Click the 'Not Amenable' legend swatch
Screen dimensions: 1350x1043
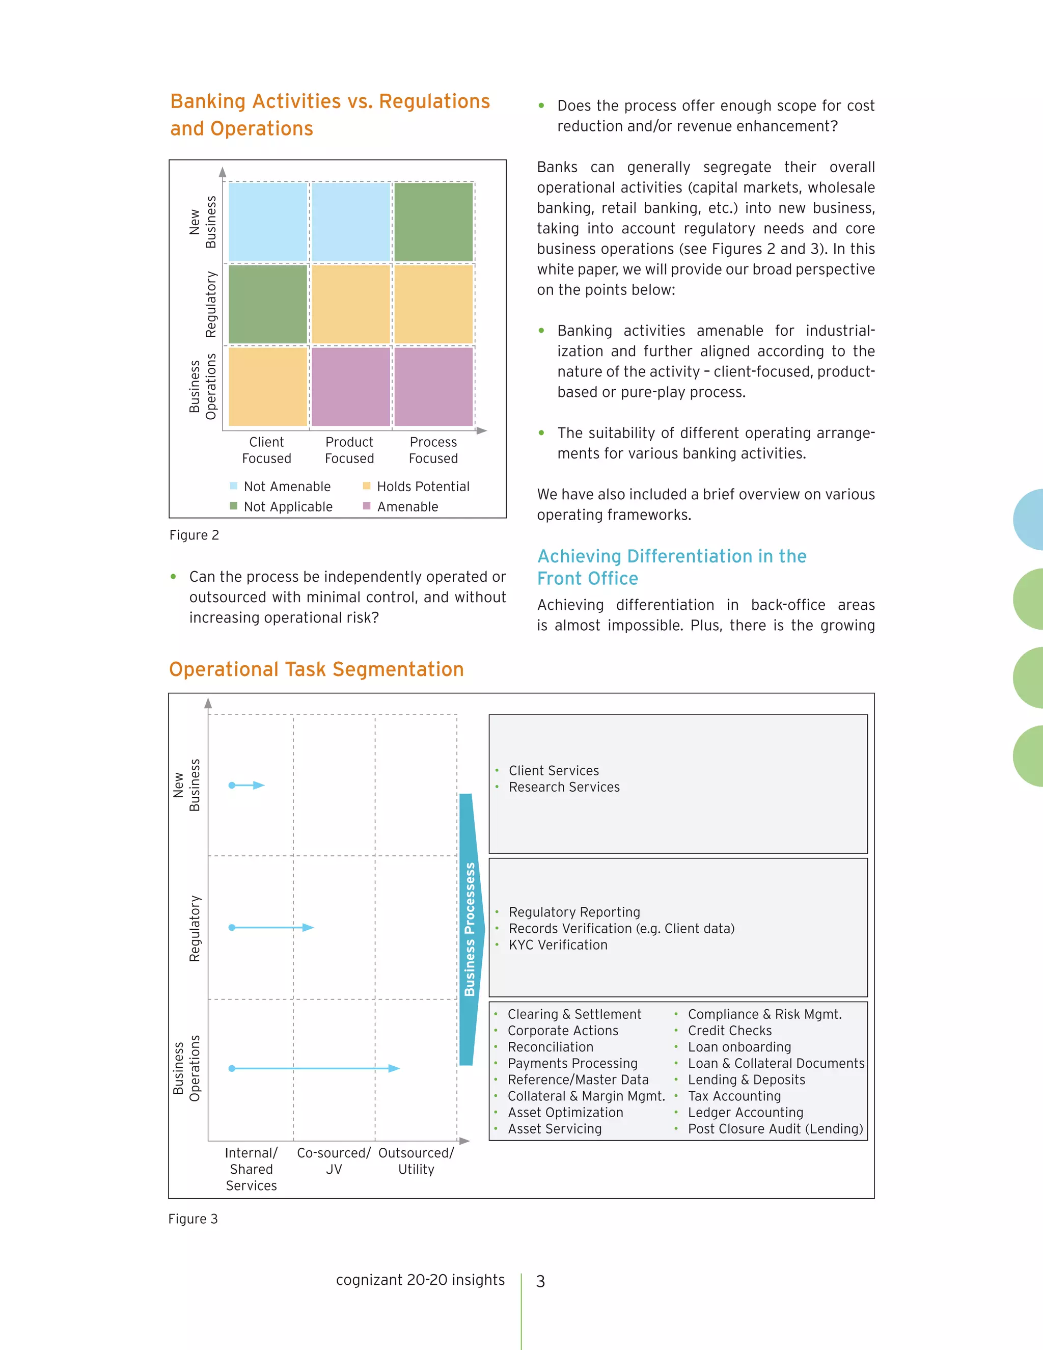234,486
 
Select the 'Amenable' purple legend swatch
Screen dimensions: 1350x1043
366,506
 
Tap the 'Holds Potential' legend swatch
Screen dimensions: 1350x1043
366,486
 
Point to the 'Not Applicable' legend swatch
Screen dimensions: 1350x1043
234,506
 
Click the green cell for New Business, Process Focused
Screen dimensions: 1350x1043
433,222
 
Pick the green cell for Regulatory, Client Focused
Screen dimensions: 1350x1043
267,304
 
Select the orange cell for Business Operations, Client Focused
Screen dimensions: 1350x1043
267,386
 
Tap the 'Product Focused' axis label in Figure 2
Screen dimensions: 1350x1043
349,450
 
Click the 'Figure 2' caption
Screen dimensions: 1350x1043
194,535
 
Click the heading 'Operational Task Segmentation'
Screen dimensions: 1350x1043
316,669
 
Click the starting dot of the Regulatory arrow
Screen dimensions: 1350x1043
232,927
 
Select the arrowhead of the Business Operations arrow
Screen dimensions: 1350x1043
394,1068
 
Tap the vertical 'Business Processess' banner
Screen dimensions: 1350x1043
470,929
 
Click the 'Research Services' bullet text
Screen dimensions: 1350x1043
564,787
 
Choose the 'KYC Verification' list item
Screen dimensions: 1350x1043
558,944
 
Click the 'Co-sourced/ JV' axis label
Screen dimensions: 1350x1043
334,1161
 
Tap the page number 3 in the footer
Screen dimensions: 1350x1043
541,1281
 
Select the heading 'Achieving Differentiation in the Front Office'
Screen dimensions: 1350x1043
672,567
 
